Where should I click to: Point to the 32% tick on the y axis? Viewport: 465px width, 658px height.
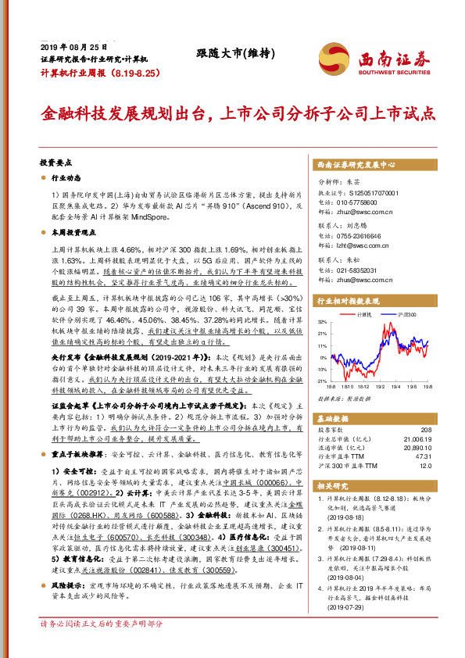point(322,321)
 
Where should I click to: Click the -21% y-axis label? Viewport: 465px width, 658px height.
point(321,380)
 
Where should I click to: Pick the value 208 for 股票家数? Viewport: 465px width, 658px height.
point(425,430)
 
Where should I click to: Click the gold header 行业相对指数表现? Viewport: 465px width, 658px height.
point(347,300)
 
